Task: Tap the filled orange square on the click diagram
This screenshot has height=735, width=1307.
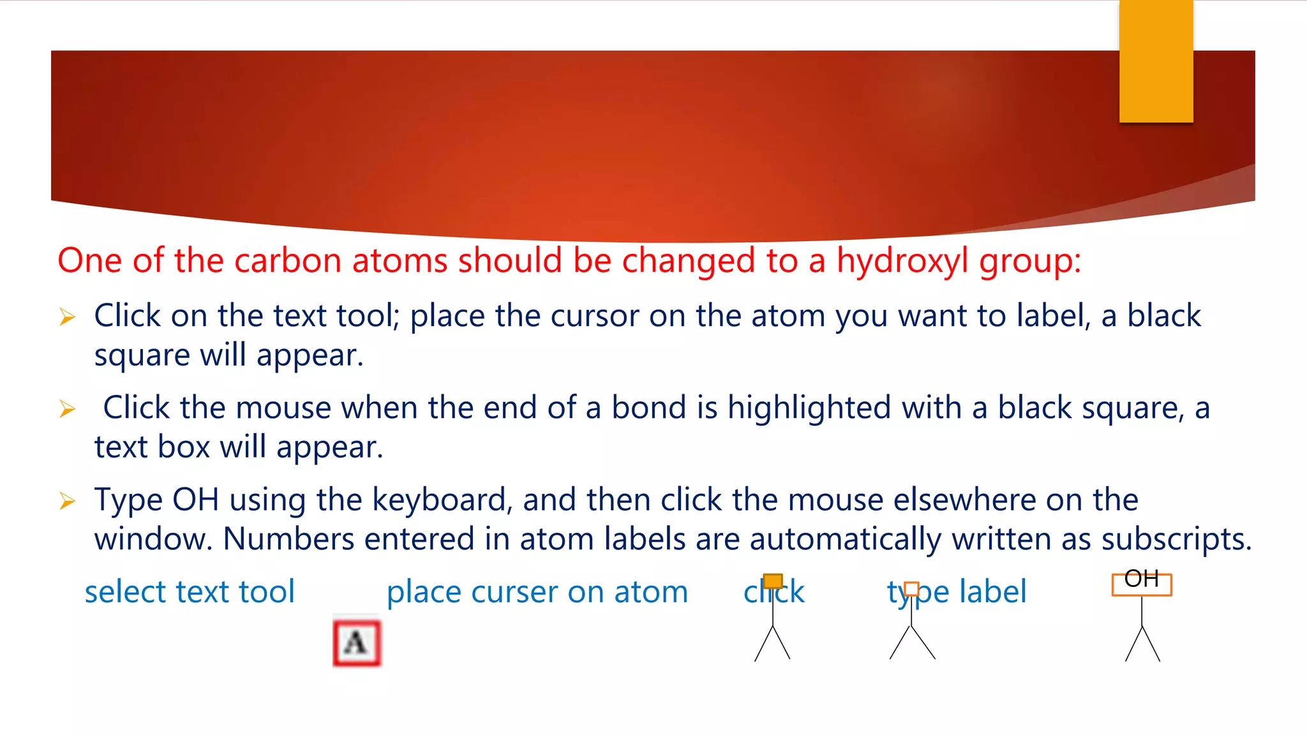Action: click(x=773, y=581)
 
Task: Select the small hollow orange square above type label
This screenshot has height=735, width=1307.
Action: click(x=912, y=589)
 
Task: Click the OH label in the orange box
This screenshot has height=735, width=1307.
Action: click(x=1142, y=579)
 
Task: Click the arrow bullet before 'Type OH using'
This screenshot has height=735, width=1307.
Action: click(x=67, y=501)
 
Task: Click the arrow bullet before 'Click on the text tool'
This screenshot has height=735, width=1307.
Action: click(x=67, y=316)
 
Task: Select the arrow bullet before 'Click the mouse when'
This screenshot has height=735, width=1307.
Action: click(x=67, y=408)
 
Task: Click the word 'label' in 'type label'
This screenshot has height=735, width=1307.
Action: click(x=993, y=591)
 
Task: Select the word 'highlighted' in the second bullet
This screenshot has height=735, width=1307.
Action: click(x=809, y=408)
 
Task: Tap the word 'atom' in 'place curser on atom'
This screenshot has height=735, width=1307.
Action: click(x=651, y=592)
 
